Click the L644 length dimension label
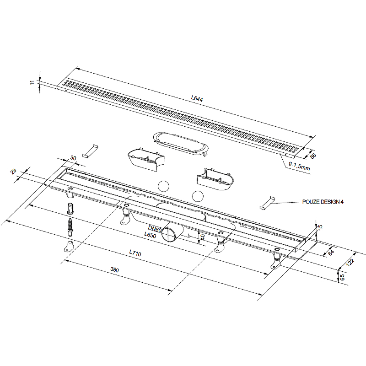click(197, 99)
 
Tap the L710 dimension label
click(135, 253)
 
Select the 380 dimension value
click(115, 270)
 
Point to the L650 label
click(150, 235)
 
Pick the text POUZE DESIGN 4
click(323, 202)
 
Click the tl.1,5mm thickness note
click(299, 166)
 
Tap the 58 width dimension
click(313, 156)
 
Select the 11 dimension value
click(32, 82)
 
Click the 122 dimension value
click(350, 262)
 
